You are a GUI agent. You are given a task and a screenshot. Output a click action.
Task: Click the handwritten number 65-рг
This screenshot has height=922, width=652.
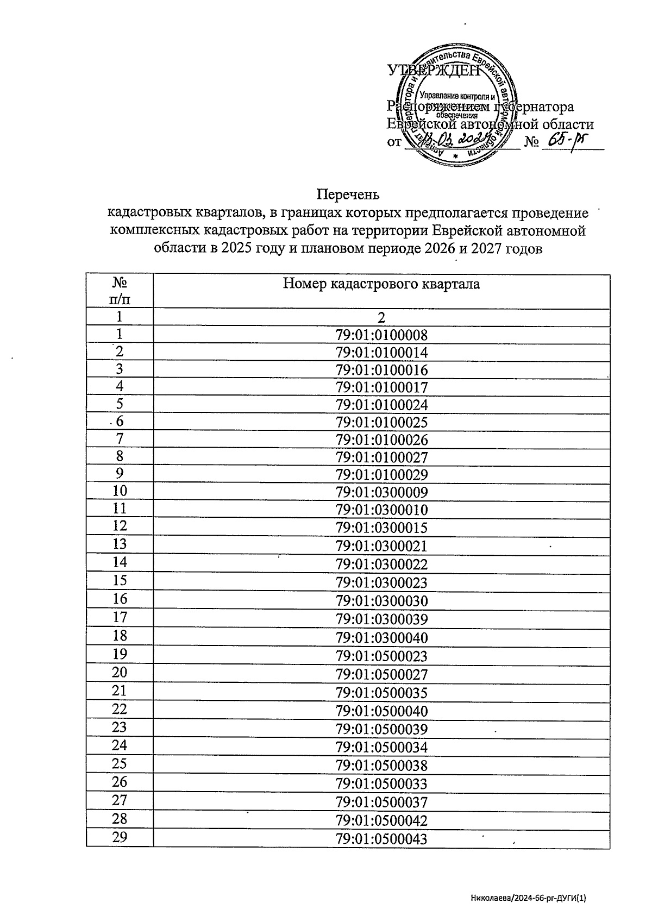(x=567, y=141)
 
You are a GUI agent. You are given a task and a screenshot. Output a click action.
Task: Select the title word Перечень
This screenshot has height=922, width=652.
(x=348, y=195)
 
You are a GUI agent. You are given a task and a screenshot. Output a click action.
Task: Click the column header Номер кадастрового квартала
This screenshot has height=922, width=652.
(x=381, y=284)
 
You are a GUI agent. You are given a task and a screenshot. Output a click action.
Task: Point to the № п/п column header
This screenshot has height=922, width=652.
(x=120, y=291)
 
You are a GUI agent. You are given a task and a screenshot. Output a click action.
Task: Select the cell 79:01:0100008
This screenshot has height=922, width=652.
(x=381, y=335)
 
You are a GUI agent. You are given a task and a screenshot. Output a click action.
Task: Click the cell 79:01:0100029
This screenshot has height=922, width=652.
(x=381, y=475)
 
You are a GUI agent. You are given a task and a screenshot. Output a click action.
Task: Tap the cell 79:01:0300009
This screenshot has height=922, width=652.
(x=381, y=493)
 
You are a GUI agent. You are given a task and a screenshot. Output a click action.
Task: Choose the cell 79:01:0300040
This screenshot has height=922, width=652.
(x=381, y=638)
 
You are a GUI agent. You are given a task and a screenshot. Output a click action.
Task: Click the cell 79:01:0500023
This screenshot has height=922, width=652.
(x=381, y=656)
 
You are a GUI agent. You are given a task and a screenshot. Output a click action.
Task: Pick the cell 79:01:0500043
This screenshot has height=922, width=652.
(x=381, y=839)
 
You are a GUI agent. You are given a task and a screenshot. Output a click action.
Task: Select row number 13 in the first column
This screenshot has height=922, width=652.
(x=120, y=544)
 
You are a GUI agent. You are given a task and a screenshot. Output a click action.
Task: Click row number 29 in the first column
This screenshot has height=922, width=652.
(x=120, y=837)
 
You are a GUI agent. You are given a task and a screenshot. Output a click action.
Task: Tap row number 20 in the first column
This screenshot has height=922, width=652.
(x=120, y=673)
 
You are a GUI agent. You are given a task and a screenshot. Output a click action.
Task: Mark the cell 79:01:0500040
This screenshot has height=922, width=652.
(x=381, y=711)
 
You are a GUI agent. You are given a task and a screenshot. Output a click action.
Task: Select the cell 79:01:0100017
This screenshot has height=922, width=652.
(x=381, y=387)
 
